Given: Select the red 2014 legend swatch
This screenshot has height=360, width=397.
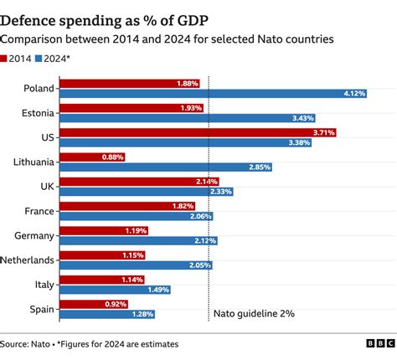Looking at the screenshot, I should (x=6, y=58).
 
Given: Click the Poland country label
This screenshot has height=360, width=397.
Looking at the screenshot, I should (x=40, y=88).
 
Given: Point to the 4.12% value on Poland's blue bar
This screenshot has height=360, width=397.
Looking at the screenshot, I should (x=355, y=94).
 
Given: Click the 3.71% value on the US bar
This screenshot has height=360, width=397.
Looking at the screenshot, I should (x=323, y=132).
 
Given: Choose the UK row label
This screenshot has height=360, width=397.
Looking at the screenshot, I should (x=48, y=186).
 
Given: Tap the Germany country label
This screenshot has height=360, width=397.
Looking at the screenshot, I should (x=36, y=235).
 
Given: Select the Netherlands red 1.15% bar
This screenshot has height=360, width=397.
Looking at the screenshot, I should (x=105, y=255).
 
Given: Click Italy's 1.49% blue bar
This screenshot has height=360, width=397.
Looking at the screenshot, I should (x=117, y=289).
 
